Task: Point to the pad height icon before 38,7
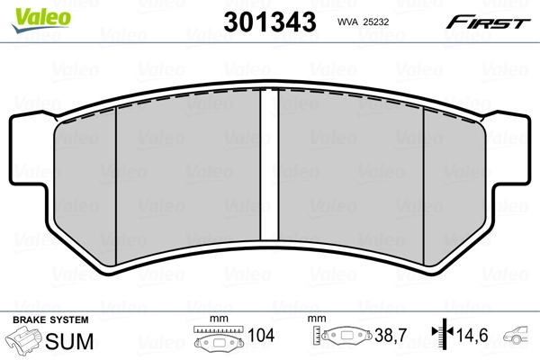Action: point(346,338)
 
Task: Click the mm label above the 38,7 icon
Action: point(316,319)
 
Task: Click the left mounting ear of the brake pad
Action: point(27,153)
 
